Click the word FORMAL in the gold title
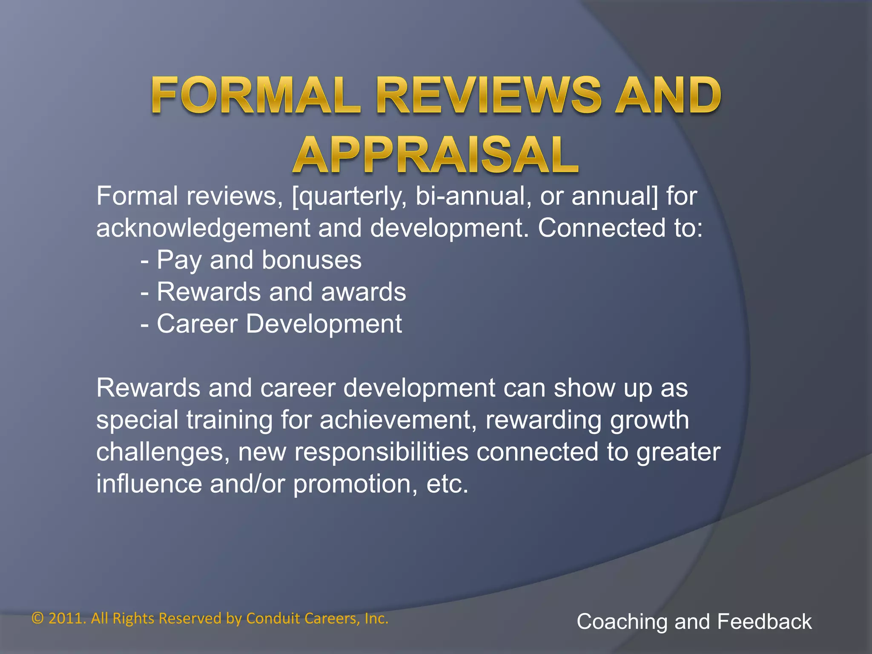pos(255,96)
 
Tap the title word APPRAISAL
pos(435,156)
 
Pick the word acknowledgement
pos(203,229)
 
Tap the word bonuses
pos(311,261)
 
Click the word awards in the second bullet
pos(363,293)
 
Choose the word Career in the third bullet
pos(197,324)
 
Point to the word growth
pos(649,421)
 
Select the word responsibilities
pos(381,452)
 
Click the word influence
pos(149,485)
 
